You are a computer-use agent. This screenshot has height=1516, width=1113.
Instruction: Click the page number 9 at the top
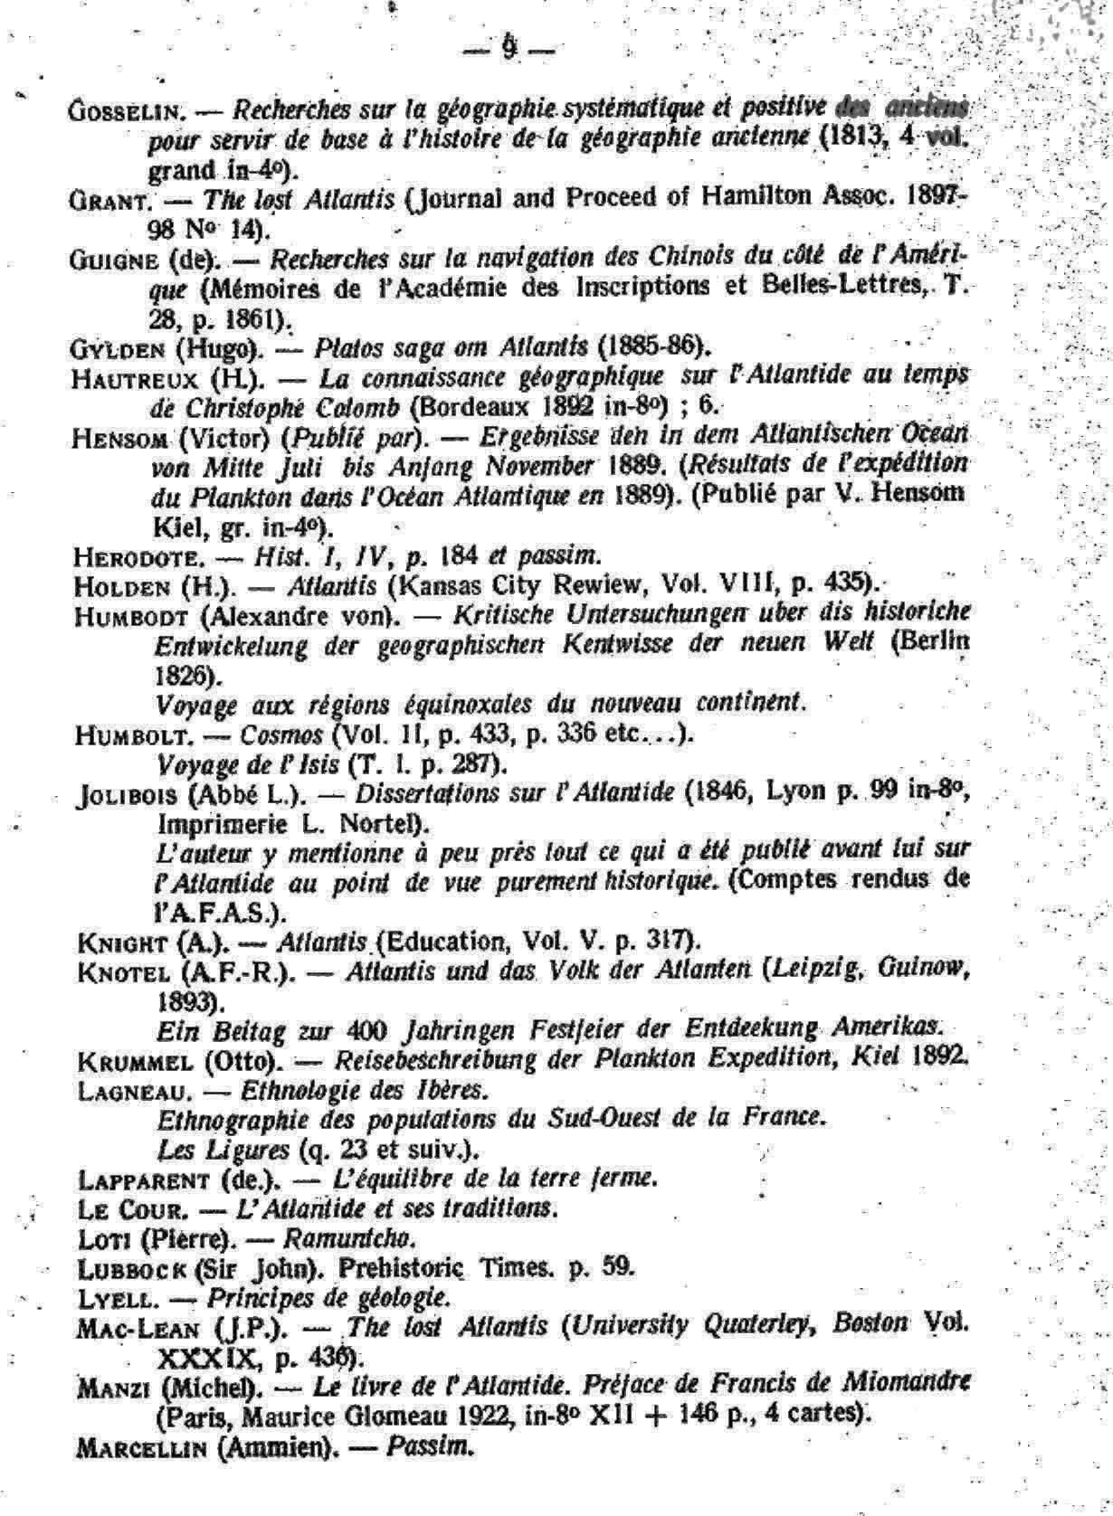[x=509, y=46]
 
